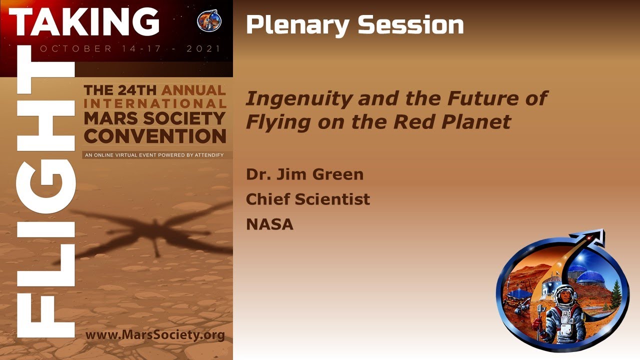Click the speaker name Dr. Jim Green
(304, 174)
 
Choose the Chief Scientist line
(307, 199)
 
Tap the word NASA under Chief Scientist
(269, 224)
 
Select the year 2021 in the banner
(203, 49)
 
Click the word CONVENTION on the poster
(155, 136)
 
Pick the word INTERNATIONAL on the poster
(155, 104)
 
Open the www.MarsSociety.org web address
(155, 334)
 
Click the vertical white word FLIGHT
(46, 200)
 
